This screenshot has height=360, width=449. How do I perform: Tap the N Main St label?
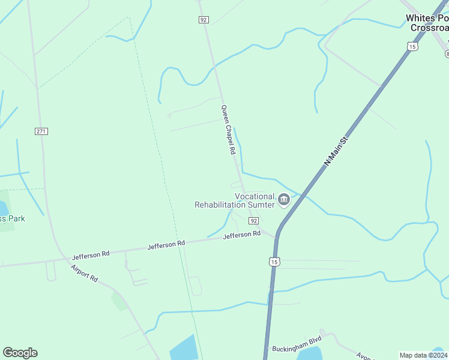(x=337, y=152)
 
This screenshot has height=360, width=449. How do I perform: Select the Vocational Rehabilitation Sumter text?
(x=235, y=200)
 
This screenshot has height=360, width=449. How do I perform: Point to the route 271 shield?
(x=41, y=131)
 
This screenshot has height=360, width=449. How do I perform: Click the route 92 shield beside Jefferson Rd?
(x=254, y=221)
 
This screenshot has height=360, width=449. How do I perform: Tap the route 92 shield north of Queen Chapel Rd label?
(x=204, y=20)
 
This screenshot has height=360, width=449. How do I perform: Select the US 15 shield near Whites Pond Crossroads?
(x=411, y=46)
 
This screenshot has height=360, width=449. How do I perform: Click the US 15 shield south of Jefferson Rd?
(x=274, y=262)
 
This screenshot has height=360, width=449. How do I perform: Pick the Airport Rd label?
(x=84, y=273)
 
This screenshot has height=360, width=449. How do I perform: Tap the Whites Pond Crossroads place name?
(x=427, y=23)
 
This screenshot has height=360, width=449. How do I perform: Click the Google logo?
(x=20, y=353)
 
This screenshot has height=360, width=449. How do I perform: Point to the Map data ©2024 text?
(x=423, y=355)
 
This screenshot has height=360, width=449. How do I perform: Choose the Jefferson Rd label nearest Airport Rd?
(x=91, y=254)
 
